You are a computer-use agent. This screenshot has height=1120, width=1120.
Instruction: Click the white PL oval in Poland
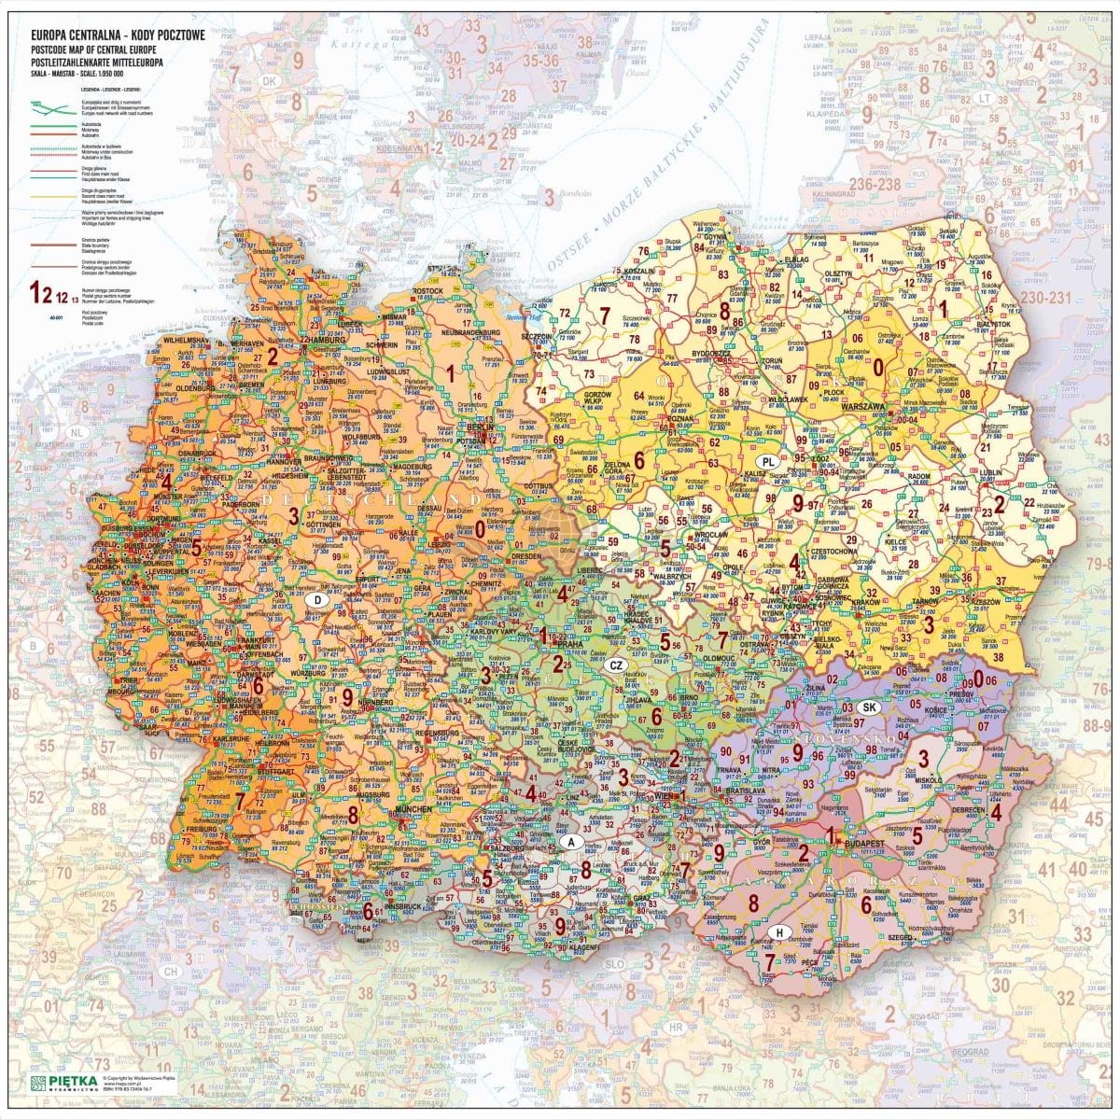pos(768,462)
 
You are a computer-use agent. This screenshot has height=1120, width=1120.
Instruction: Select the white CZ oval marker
pos(615,665)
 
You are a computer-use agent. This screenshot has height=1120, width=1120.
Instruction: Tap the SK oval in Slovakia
pos(870,707)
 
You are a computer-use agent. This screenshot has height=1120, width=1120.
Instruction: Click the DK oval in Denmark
pos(271,82)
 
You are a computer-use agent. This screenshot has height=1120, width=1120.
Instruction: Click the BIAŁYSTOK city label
pos(992,324)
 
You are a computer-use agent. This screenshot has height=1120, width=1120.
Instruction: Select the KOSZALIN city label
pos(637,270)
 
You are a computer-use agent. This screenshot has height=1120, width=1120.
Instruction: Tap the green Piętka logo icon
pos(38,1083)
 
